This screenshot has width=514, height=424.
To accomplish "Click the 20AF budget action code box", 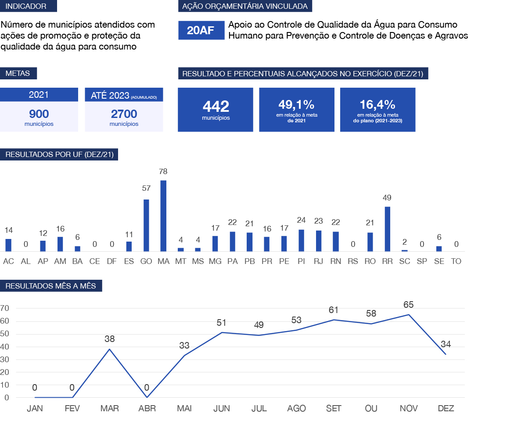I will click(201, 31).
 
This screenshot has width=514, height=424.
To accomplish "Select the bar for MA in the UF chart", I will click(163, 216).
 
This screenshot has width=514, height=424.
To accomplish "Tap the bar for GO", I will click(146, 225).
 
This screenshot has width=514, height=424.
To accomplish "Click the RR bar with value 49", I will click(387, 229).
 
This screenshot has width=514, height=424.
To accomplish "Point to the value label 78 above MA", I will click(163, 171).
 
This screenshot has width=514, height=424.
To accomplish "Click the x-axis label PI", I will click(301, 261).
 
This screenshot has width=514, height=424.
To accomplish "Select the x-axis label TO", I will click(456, 261).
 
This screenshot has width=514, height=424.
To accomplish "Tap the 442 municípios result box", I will click(216, 110).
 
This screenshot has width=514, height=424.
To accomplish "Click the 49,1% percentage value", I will click(296, 104).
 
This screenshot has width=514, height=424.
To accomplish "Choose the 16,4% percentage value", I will click(377, 104).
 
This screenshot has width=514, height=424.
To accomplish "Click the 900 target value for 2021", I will click(39, 114).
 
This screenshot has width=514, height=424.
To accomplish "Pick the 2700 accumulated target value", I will click(124, 114).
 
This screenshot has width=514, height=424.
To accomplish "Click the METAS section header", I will click(18, 73).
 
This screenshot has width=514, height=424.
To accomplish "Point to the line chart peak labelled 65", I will click(409, 314).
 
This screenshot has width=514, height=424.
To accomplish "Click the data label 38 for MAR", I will click(109, 339).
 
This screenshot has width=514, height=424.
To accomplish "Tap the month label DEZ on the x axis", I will click(446, 409).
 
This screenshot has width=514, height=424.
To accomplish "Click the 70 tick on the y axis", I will click(5, 308).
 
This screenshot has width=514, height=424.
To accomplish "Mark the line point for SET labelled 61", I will click(334, 320).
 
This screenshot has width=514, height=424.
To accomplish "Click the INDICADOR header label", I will click(29, 6).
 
